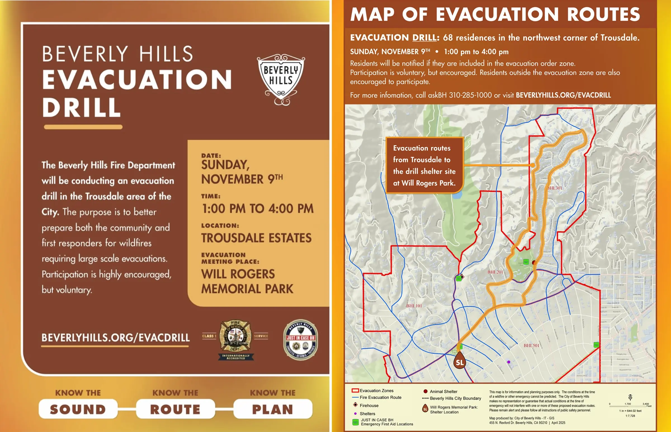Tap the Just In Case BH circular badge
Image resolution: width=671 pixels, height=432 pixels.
tap(300, 340)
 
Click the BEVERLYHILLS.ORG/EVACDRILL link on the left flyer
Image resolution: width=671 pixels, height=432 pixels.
tap(116, 338)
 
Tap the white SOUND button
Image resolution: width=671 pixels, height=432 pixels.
tap(78, 409)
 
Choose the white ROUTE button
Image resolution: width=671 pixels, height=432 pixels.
tap(175, 409)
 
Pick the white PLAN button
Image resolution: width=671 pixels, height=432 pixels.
tap(273, 409)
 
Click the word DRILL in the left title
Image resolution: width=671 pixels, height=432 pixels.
tap(82, 107)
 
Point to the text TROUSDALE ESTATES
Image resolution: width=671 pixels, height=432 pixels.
tap(256, 238)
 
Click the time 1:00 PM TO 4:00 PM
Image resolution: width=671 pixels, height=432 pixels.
tap(257, 208)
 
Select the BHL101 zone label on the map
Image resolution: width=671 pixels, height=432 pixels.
tap(414, 306)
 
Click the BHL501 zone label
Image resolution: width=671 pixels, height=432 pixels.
tap(531, 346)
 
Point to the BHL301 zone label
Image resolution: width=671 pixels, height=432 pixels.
tap(555, 188)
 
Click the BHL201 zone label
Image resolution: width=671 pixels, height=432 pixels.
tap(495, 272)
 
